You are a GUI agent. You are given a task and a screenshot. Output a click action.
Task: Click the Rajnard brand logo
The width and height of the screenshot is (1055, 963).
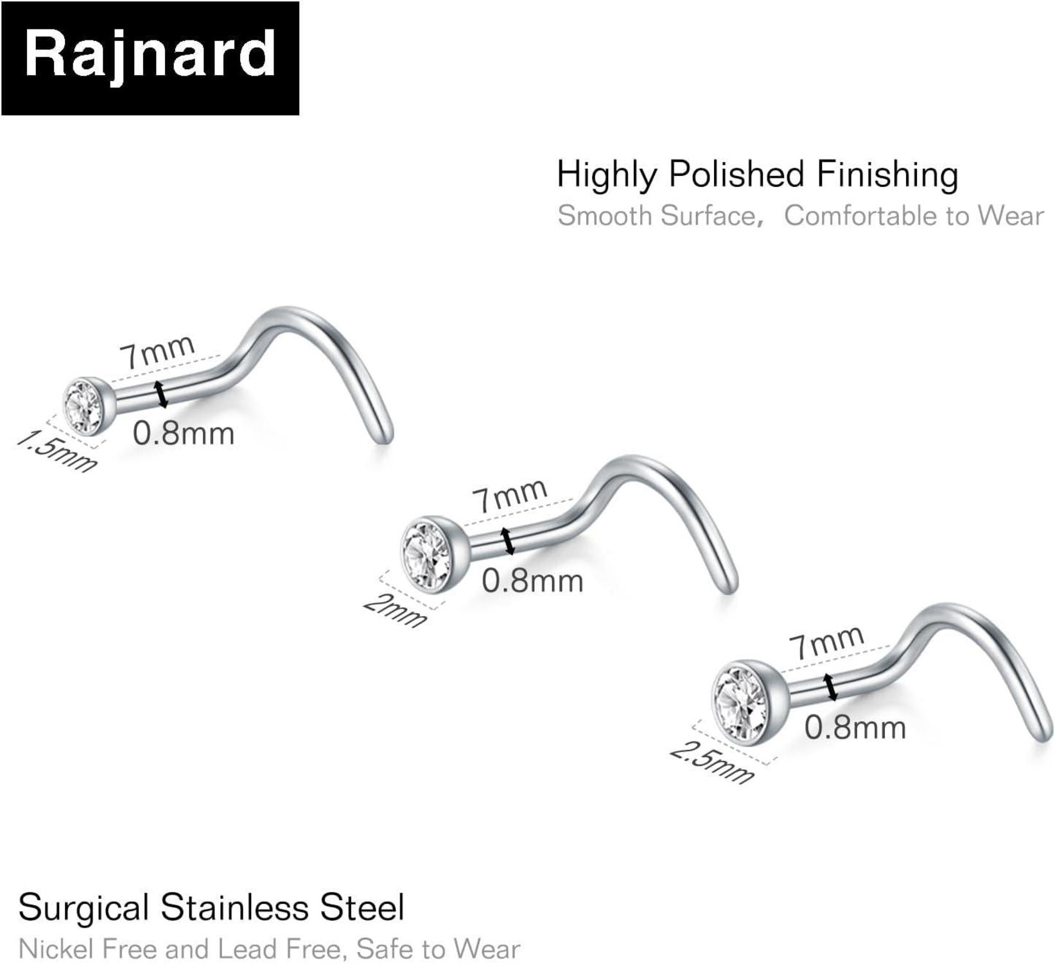150,58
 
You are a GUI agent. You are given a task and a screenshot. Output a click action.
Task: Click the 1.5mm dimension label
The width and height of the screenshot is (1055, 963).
57,451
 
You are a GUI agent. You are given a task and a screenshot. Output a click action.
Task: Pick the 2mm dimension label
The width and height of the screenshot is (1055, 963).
395,611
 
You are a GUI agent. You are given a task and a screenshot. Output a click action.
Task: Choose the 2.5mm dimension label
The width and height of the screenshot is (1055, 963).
711,762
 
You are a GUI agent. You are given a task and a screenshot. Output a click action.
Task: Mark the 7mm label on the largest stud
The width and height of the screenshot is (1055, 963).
826,641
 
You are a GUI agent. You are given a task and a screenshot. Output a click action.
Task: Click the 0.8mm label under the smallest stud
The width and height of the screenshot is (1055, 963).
184,434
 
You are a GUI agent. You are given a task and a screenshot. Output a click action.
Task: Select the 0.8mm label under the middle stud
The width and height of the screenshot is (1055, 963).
532,582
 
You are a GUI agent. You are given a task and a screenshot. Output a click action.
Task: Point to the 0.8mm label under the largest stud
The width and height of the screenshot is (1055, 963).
855,728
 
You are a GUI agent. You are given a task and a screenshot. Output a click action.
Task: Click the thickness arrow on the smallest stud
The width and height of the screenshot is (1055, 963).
161,394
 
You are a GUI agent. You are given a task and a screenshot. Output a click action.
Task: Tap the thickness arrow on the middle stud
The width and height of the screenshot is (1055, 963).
509,541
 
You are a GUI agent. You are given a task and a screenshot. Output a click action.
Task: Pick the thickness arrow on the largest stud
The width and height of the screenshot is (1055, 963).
831,687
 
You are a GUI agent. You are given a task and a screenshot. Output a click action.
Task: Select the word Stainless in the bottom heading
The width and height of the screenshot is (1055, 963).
234,908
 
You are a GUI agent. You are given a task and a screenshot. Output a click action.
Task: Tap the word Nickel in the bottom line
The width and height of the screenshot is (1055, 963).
57,949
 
